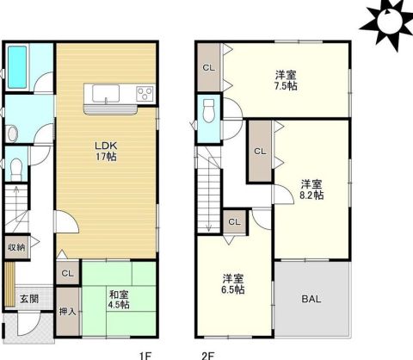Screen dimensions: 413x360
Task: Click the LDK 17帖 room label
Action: pyautogui.click(x=106, y=151)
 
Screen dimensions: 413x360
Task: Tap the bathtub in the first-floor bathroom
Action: pyautogui.click(x=17, y=67)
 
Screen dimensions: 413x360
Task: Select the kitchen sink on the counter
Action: pyautogui.click(x=106, y=94)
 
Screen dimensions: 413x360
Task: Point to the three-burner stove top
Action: pyautogui.click(x=145, y=94)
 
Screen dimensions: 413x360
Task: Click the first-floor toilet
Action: pyautogui.click(x=16, y=169)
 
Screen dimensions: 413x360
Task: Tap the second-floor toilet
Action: pyautogui.click(x=208, y=111)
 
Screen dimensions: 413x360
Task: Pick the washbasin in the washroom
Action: pyautogui.click(x=12, y=133)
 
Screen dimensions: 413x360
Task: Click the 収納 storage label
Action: pyautogui.click(x=16, y=247)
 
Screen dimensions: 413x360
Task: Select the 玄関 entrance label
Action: pyautogui.click(x=29, y=299)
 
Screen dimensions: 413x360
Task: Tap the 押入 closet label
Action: pyautogui.click(x=68, y=311)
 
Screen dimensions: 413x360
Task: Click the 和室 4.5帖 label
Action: pyautogui.click(x=119, y=300)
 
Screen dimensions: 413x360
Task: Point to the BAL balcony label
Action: pyautogui.click(x=311, y=299)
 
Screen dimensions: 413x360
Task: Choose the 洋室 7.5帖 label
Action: pyautogui.click(x=286, y=81)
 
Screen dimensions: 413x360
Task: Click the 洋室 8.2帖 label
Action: pyautogui.click(x=311, y=189)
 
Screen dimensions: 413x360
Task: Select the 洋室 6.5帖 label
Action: pyautogui.click(x=233, y=284)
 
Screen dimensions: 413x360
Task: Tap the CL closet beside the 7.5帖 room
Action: pyautogui.click(x=209, y=68)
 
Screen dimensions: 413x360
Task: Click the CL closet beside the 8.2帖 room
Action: pyautogui.click(x=260, y=151)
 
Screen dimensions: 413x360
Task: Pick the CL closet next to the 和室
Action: pyautogui.click(x=68, y=273)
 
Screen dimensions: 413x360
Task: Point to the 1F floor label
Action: pyautogui.click(x=145, y=356)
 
